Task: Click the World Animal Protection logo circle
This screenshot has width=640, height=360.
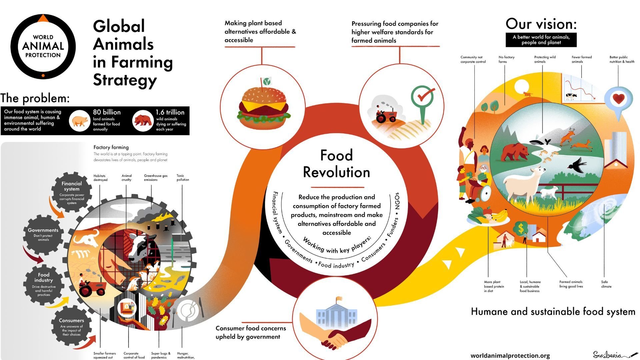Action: point(43,46)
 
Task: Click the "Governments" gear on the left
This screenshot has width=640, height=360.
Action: point(43,235)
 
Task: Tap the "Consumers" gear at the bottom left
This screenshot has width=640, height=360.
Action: point(71,327)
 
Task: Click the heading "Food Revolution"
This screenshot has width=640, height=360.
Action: point(336,164)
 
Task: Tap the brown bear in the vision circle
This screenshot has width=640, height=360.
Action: point(515,152)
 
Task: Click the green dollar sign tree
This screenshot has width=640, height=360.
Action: point(521,229)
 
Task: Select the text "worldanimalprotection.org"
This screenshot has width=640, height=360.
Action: point(510,356)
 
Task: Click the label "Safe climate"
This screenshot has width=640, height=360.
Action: point(606,284)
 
